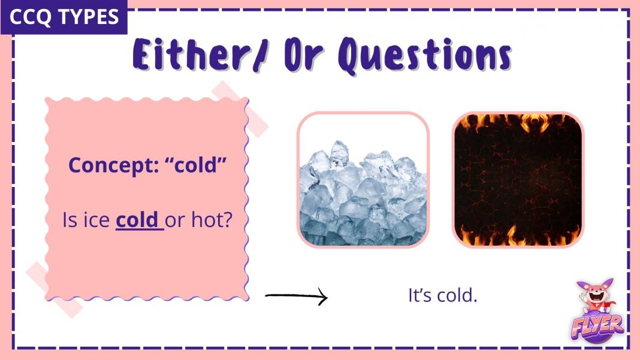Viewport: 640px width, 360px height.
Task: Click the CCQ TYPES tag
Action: pyautogui.click(x=64, y=17)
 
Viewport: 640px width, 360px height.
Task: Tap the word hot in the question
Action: pyautogui.click(x=207, y=220)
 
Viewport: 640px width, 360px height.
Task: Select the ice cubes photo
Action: pyautogui.click(x=363, y=180)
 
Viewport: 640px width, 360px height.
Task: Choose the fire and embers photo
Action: pyautogui.click(x=518, y=180)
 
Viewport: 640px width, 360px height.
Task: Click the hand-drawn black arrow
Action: pyautogui.click(x=296, y=296)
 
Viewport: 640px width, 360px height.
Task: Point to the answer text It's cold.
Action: pyautogui.click(x=442, y=295)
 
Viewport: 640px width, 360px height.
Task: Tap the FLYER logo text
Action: pyautogui.click(x=597, y=326)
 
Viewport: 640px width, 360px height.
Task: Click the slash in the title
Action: pyautogui.click(x=260, y=56)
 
